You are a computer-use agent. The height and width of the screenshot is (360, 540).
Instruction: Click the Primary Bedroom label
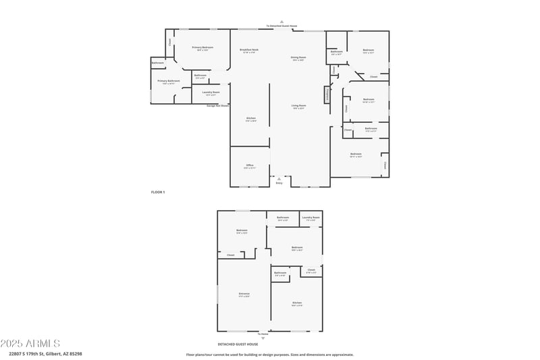(x=202, y=47)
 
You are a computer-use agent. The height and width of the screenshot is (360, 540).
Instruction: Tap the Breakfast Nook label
(x=250, y=50)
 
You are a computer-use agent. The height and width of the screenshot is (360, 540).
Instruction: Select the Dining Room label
(x=298, y=58)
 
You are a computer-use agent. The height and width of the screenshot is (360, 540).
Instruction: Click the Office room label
(x=250, y=165)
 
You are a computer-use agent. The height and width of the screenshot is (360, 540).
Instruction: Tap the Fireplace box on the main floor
(x=328, y=95)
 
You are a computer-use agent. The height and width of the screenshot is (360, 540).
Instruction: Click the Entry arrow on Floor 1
(x=279, y=179)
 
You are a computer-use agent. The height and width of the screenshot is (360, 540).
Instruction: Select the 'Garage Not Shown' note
(x=217, y=105)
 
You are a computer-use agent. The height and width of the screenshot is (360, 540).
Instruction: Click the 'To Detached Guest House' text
(x=281, y=26)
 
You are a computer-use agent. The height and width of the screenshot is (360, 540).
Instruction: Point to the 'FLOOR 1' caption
(x=158, y=192)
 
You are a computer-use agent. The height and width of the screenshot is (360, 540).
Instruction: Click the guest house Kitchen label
(x=297, y=303)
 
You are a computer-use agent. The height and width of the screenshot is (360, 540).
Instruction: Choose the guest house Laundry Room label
(x=311, y=217)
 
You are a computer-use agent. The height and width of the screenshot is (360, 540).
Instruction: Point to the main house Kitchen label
(x=250, y=119)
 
